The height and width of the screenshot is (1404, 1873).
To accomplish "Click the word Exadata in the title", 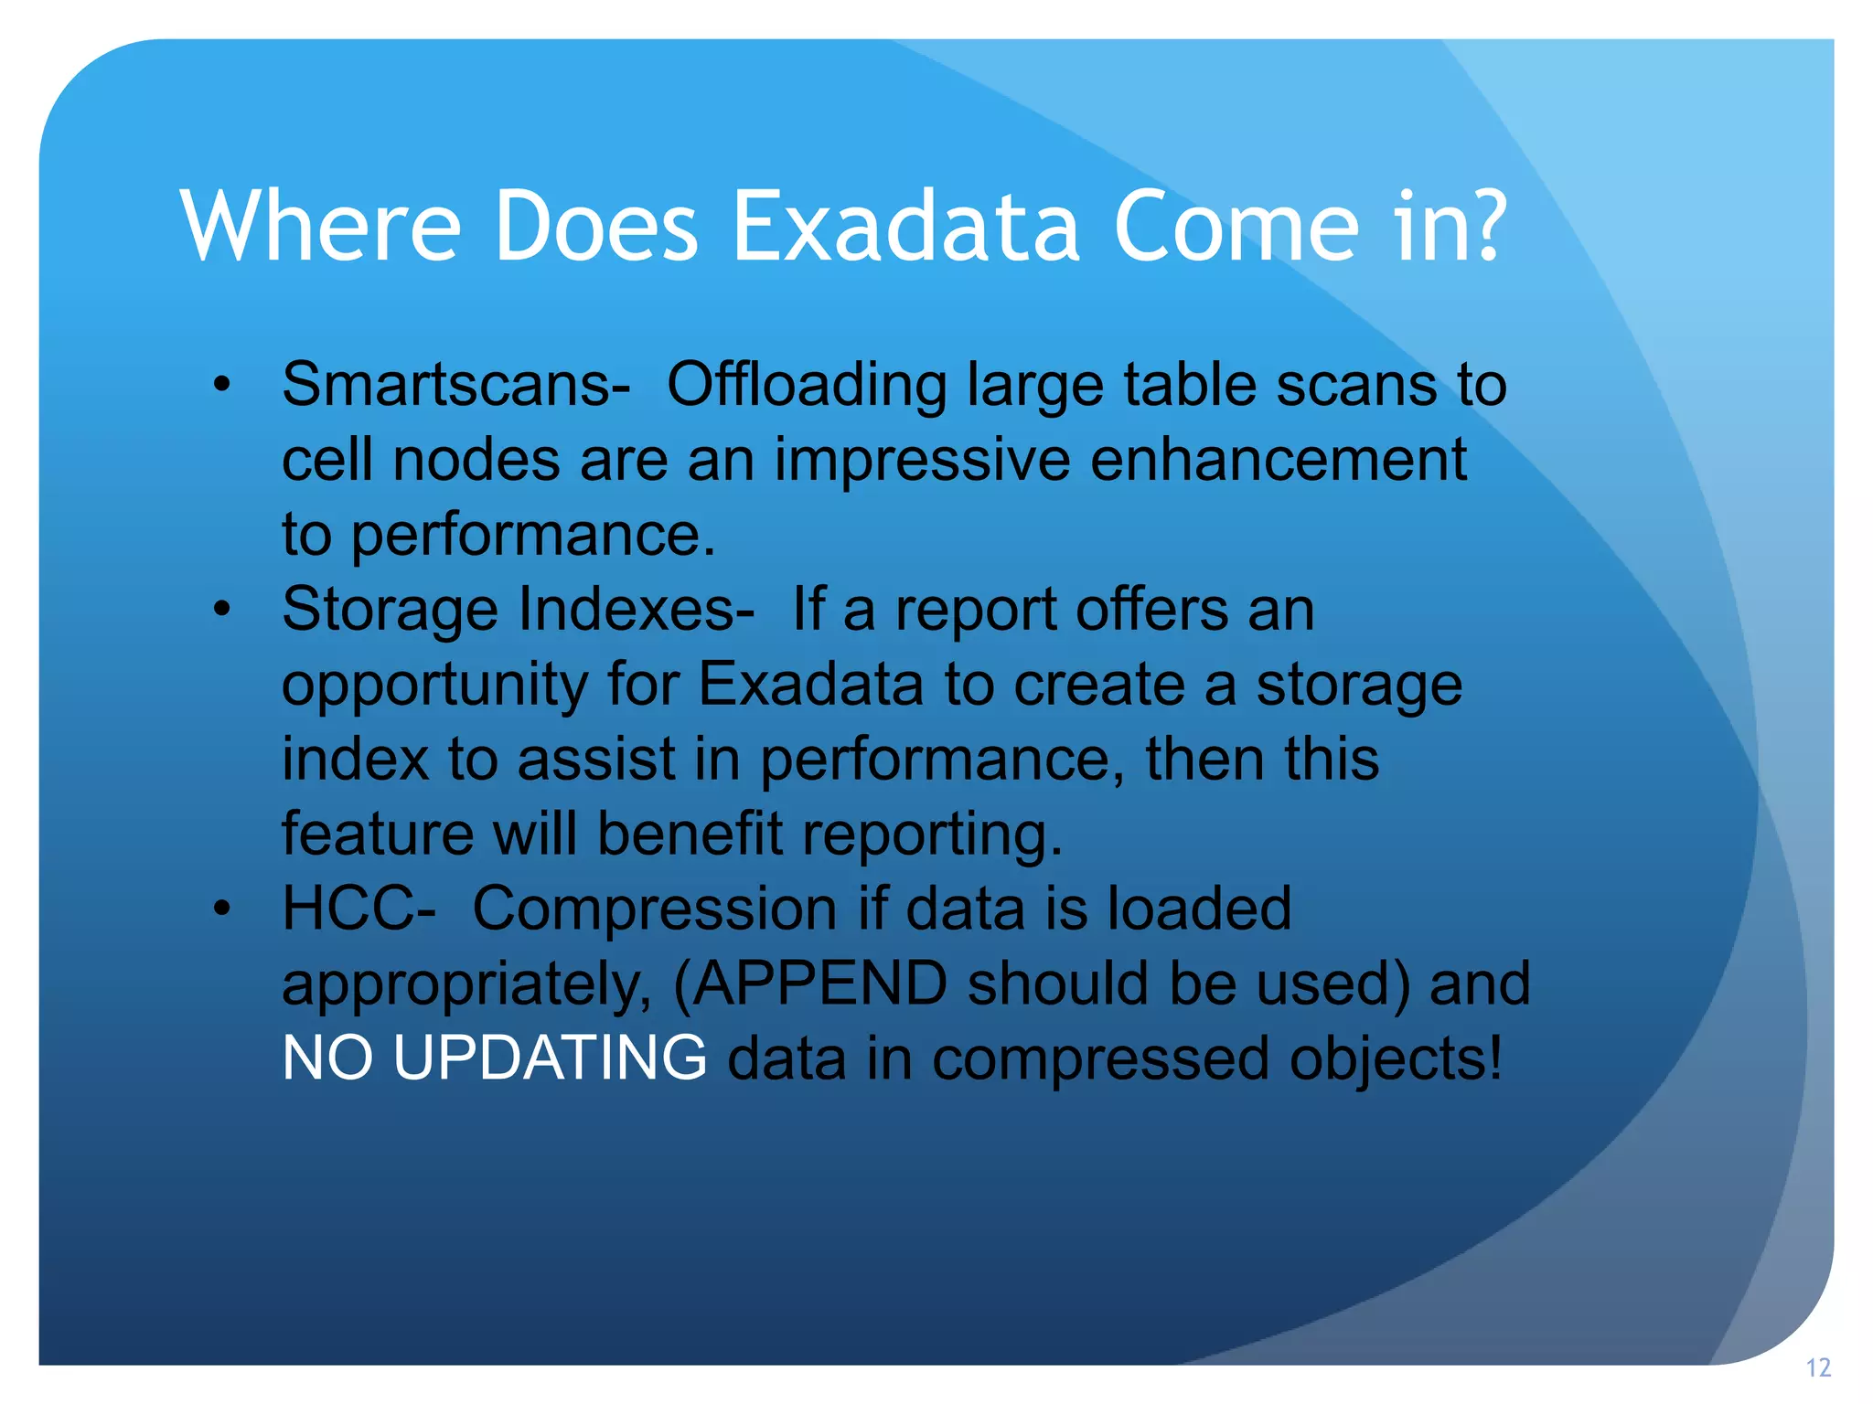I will (905, 226).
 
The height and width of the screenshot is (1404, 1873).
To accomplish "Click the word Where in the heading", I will (320, 226).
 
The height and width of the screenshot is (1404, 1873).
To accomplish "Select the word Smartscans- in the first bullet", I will (455, 385).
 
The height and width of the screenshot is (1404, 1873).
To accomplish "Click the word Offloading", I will (806, 385).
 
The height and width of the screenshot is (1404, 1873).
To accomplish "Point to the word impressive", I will (922, 460).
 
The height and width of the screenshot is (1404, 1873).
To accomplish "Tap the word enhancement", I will (1278, 460).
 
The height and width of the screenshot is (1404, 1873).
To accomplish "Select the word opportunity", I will (434, 686).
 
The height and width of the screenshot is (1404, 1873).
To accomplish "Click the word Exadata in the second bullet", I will (810, 685).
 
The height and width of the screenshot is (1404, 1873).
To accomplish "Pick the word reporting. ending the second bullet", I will (932, 835).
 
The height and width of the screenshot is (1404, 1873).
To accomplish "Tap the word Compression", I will (654, 909).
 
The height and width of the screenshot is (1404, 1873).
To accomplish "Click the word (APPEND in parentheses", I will (809, 984).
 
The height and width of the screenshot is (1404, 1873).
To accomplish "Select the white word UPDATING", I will (549, 1058).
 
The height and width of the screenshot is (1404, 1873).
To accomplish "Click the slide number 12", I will (1818, 1368).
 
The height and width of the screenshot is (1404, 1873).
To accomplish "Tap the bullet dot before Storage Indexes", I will (222, 610).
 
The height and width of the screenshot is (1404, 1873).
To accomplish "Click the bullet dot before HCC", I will (222, 909).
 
